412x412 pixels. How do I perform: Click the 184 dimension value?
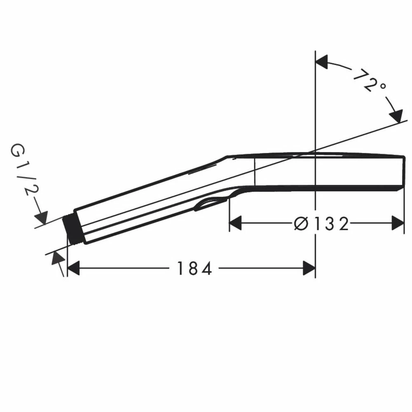pyautogui.click(x=194, y=268)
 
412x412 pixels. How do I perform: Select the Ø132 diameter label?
pyautogui.click(x=321, y=224)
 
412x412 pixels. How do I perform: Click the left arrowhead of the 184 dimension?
pyautogui.click(x=73, y=268)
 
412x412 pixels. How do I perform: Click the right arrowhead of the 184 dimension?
pyautogui.click(x=309, y=268)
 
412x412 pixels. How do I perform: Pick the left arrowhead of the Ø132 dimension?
pyautogui.click(x=235, y=223)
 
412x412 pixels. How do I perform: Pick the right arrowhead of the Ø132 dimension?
pyautogui.click(x=398, y=223)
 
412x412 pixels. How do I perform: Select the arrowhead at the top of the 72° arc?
pyautogui.click(x=322, y=62)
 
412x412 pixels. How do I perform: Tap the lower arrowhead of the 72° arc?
pyautogui.click(x=396, y=116)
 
